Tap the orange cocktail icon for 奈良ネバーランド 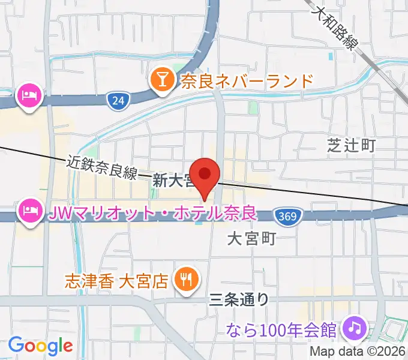click(162, 79)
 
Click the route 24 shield click(118, 101)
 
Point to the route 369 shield click(286, 215)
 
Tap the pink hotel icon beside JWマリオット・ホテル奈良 click(29, 212)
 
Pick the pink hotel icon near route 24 click(29, 95)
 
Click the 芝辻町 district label click(351, 145)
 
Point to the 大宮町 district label click(251, 239)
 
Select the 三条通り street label click(239, 298)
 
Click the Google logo click(40, 346)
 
